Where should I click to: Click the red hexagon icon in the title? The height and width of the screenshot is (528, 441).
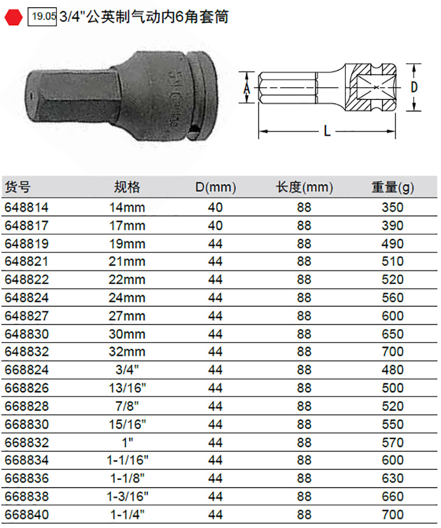click(x=13, y=17)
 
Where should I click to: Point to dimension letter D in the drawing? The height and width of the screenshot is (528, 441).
click(x=414, y=87)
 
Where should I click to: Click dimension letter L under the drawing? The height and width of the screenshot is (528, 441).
click(x=327, y=131)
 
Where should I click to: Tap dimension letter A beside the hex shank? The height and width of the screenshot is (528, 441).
click(x=247, y=88)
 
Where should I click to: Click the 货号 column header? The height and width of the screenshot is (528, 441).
click(x=18, y=187)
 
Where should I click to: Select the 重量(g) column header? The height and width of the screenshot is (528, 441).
click(x=392, y=187)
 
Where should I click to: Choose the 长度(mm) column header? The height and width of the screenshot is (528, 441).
click(x=304, y=187)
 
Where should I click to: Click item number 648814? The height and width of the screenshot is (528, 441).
click(x=27, y=207)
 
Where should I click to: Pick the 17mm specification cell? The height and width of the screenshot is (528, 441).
click(x=127, y=226)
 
